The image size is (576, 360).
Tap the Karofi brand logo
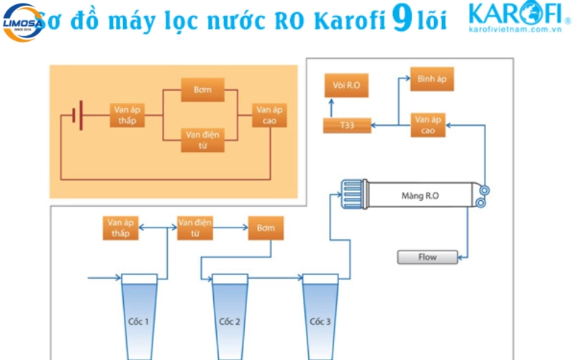pyautogui.click(x=515, y=19)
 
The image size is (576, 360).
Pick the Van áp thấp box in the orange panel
pyautogui.click(x=127, y=115)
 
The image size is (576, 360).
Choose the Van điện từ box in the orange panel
pyautogui.click(x=202, y=138)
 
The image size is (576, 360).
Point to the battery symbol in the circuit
pyautogui.click(x=77, y=115)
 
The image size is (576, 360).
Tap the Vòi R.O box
pyautogui.click(x=346, y=86)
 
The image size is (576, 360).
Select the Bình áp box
pyautogui.click(x=432, y=78)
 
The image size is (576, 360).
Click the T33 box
pyautogui.click(x=347, y=126)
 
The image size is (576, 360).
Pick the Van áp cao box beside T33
pyautogui.click(x=428, y=125)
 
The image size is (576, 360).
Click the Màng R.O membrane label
pyautogui.click(x=422, y=195)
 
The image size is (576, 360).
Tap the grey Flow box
pyautogui.click(x=427, y=256)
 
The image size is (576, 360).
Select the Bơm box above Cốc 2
pyautogui.click(x=266, y=228)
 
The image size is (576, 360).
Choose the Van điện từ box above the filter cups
pyautogui.click(x=196, y=228)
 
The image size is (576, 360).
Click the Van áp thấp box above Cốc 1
pyautogui.click(x=120, y=228)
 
